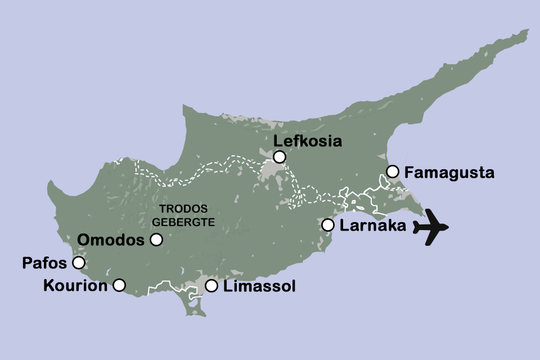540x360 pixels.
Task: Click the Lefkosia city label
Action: click(307, 141)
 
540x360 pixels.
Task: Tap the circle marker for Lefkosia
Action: click(279, 156)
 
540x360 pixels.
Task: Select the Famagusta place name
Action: click(449, 172)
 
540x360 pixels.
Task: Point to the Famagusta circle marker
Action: click(393, 171)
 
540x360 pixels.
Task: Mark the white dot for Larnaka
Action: click(328, 224)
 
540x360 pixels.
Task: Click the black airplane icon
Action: click(431, 227)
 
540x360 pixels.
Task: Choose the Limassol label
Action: click(259, 286)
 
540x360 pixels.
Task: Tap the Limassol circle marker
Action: click(211, 286)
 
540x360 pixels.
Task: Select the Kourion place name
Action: click(75, 286)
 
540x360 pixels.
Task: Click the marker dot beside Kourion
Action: click(119, 285)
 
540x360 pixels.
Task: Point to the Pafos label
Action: click(44, 263)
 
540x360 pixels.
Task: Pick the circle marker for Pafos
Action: click(79, 263)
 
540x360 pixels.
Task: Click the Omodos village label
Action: click(111, 240)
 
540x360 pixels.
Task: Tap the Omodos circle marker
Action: click(156, 240)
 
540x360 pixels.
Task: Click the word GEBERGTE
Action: click(183, 222)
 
